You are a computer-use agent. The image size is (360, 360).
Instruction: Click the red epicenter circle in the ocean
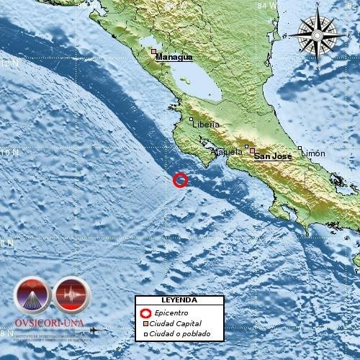click(x=181, y=180)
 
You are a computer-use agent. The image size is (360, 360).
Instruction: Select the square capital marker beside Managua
click(x=153, y=51)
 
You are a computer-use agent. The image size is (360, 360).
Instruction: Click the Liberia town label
click(x=206, y=125)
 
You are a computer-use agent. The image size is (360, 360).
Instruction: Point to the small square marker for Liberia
click(x=191, y=120)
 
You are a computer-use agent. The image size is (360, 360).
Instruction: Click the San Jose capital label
click(x=274, y=155)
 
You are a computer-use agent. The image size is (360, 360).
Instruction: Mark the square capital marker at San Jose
click(x=252, y=150)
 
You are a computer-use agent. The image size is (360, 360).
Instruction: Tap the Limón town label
click(x=313, y=153)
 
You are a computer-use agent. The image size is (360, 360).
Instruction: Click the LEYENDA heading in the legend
click(x=176, y=300)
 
